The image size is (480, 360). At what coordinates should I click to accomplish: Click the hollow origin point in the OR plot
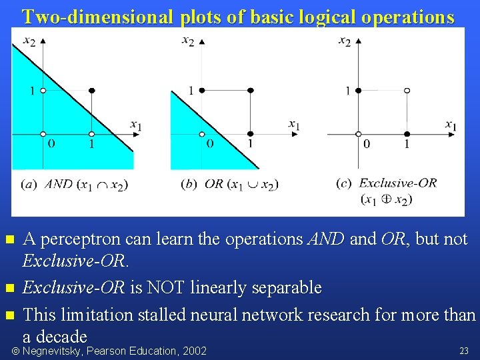coord(202,134)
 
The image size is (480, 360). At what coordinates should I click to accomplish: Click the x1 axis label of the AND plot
coord(135,125)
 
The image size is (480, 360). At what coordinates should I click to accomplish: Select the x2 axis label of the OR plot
coord(188,41)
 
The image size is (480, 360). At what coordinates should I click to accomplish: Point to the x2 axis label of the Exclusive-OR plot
coord(345,41)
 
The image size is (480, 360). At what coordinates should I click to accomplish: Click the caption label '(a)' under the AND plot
coord(29,184)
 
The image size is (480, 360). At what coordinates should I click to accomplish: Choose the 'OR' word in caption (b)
coord(214,184)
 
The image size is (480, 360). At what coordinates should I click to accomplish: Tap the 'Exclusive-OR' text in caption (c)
coord(398,183)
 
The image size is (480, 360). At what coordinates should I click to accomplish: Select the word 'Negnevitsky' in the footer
coord(53,351)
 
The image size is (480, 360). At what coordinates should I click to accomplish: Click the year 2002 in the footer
coord(194,351)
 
